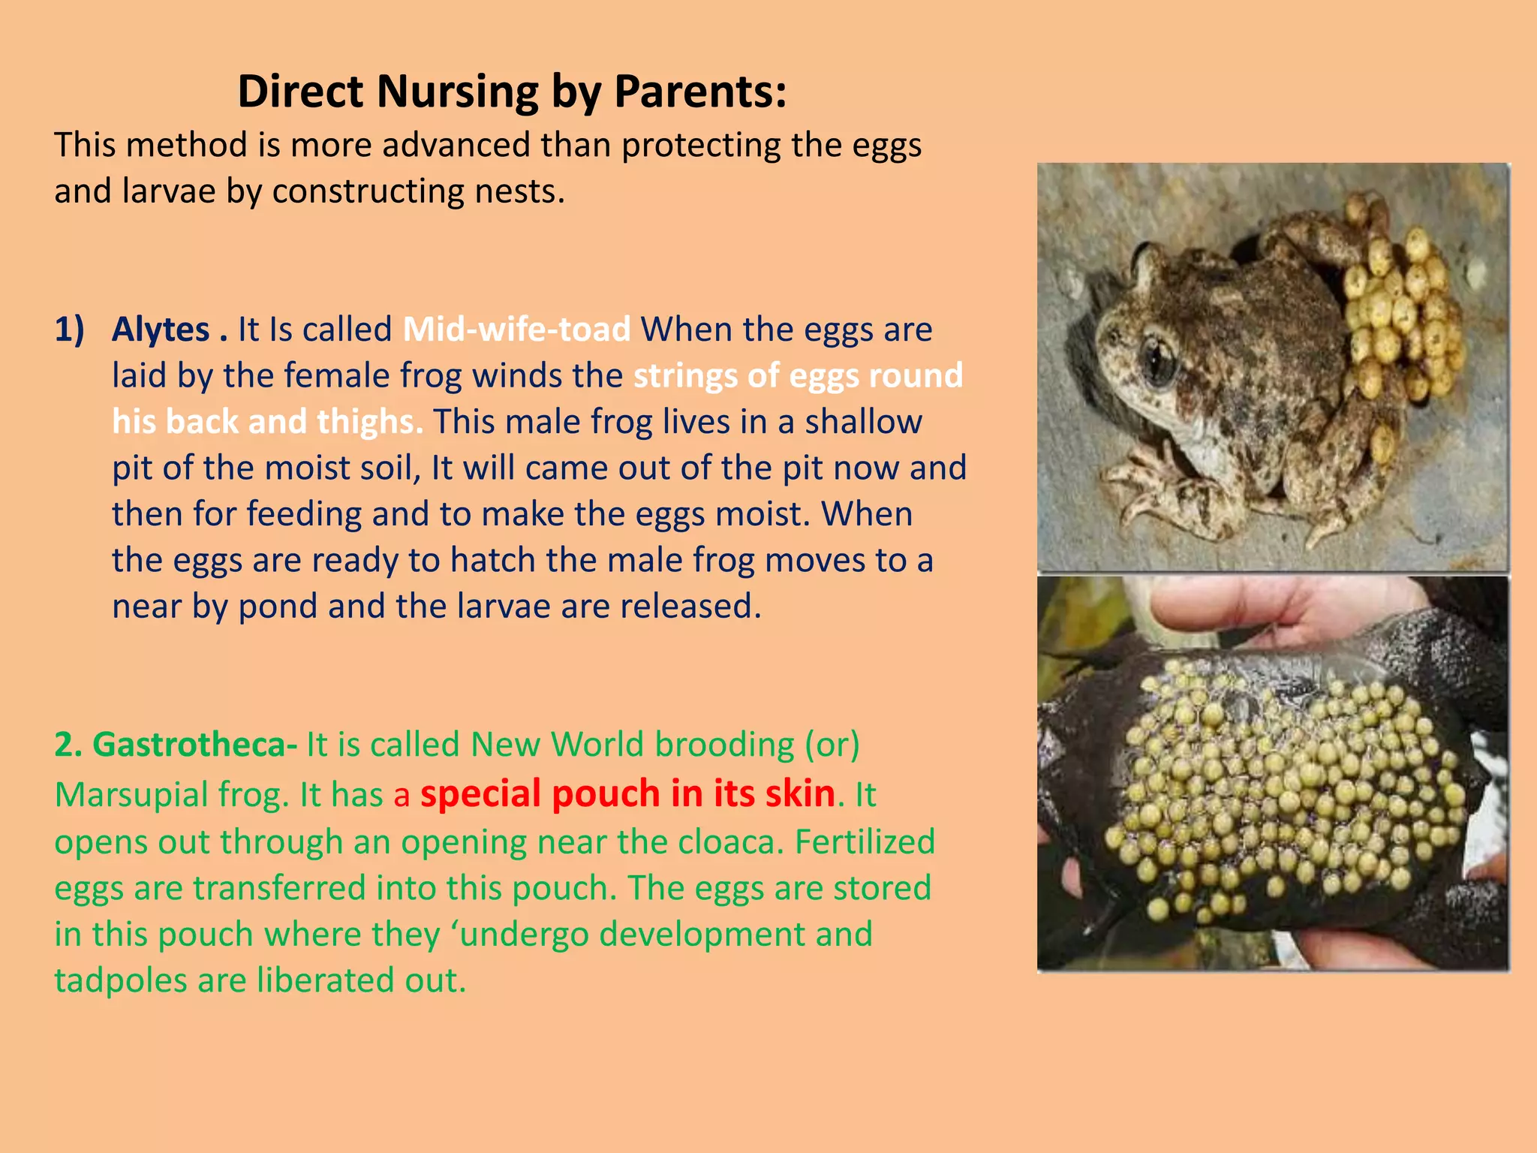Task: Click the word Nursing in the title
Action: coord(457,92)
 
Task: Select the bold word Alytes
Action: coord(161,330)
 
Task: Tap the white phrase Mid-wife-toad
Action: coord(516,330)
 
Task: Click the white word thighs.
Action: coord(369,422)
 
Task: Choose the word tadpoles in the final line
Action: coord(120,980)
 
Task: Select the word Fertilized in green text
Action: coord(865,841)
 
